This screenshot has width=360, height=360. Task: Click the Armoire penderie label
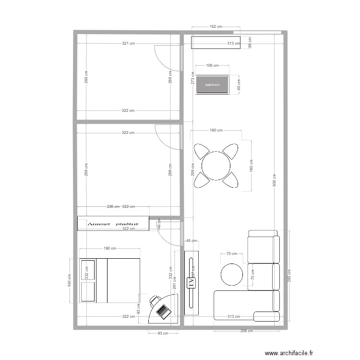point(113,224)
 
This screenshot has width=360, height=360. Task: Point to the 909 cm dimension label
point(274,180)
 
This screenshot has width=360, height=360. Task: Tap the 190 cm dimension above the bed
point(110,249)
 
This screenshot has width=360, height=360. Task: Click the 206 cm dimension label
point(247,331)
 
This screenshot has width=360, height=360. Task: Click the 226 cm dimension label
point(113,206)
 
